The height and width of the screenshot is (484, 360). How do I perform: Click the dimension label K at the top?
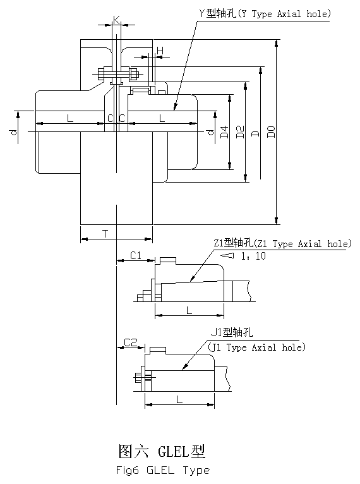click(117, 20)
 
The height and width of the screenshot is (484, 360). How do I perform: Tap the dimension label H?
click(160, 51)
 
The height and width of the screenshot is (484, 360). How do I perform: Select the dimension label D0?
click(271, 132)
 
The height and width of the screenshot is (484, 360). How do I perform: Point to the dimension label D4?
click(225, 132)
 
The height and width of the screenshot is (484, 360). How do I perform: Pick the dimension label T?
click(105, 234)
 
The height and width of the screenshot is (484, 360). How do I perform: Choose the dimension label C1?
click(136, 255)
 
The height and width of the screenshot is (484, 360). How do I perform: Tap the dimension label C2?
click(130, 342)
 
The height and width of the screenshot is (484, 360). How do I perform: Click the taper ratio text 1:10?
click(253, 256)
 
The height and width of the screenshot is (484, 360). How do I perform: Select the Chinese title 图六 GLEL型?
click(162, 451)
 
